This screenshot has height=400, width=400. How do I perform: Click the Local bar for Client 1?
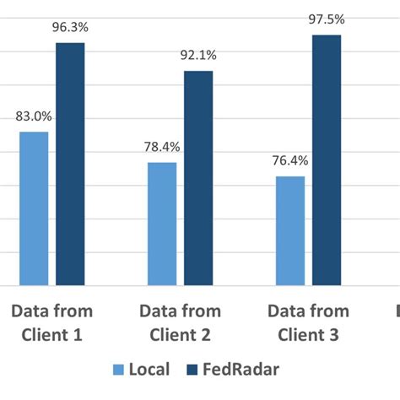pos(34,208)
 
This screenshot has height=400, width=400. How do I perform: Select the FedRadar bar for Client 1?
pos(71,164)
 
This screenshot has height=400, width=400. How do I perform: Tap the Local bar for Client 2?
pos(162,224)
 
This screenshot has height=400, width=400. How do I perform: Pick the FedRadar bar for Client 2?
pos(198,178)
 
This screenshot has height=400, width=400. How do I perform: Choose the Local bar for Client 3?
pos(289,230)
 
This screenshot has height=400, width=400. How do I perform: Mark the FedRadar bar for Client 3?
pos(327,160)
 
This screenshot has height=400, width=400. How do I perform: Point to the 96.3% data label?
pos(71,29)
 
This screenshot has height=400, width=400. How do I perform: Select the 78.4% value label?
pos(162,148)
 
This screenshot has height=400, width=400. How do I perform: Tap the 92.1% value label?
pos(198,57)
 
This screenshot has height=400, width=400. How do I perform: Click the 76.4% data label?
pos(289,162)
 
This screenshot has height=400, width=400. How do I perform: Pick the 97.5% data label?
pos(327,21)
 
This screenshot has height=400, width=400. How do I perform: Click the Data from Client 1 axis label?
pos(51,323)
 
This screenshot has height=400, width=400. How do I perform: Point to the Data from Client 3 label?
pos(308,323)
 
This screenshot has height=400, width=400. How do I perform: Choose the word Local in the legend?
pos(150,370)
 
